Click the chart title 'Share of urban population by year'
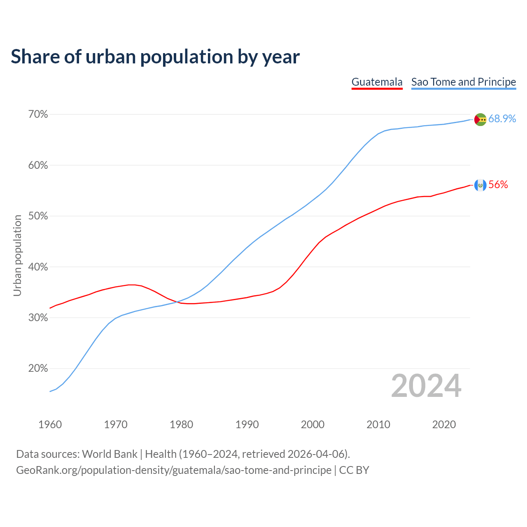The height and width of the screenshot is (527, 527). (155, 57)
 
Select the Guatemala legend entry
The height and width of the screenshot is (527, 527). (377, 82)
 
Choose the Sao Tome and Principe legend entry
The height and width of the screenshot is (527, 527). (464, 82)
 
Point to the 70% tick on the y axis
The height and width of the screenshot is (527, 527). (38, 114)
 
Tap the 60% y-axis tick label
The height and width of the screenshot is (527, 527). (38, 166)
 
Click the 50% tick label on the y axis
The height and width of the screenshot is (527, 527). (38, 216)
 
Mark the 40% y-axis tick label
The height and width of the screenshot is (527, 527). (38, 267)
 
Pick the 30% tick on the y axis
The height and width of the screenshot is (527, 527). (38, 318)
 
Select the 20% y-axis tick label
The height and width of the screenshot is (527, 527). (38, 368)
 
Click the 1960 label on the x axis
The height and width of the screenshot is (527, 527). (50, 424)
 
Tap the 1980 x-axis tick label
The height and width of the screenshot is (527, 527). (181, 424)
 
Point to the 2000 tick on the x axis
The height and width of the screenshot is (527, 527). (312, 424)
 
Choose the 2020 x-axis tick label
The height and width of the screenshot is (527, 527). (444, 424)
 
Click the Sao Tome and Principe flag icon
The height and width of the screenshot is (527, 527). (480, 119)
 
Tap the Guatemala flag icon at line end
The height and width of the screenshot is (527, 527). (480, 185)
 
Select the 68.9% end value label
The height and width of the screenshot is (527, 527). (502, 119)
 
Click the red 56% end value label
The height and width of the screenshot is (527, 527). (498, 185)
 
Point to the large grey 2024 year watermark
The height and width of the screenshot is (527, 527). (426, 386)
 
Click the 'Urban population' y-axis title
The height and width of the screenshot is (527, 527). (17, 255)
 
